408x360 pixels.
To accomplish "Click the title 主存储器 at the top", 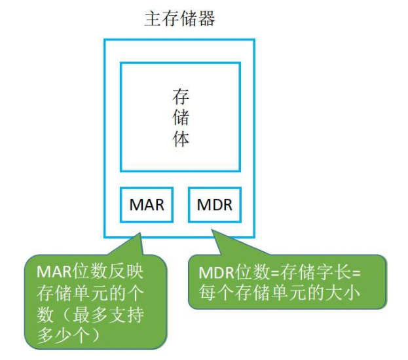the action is [x=180, y=19].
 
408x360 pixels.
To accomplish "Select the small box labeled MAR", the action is [x=147, y=205].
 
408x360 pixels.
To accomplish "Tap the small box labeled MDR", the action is [x=215, y=205].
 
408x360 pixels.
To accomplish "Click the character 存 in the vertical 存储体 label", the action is [x=181, y=97].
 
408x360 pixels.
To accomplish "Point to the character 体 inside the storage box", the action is [x=181, y=138].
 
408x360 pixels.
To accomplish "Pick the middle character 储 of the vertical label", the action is [x=181, y=118].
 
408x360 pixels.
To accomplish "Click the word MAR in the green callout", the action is [x=54, y=272].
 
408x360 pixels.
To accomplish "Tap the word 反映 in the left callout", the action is [x=126, y=272].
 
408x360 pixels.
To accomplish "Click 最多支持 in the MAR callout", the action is [x=108, y=315].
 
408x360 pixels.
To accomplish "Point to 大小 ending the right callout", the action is [x=343, y=293].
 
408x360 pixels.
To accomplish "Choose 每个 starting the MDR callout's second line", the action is [x=217, y=293].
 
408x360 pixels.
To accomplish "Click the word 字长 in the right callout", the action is [x=325, y=273].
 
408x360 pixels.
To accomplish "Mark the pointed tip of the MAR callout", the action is [x=140, y=233].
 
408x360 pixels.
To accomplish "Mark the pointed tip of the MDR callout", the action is [x=212, y=230].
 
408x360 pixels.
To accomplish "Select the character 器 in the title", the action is [x=206, y=19].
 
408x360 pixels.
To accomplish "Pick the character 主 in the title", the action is [x=153, y=19].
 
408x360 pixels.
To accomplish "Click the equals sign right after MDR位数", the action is [x=275, y=274].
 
